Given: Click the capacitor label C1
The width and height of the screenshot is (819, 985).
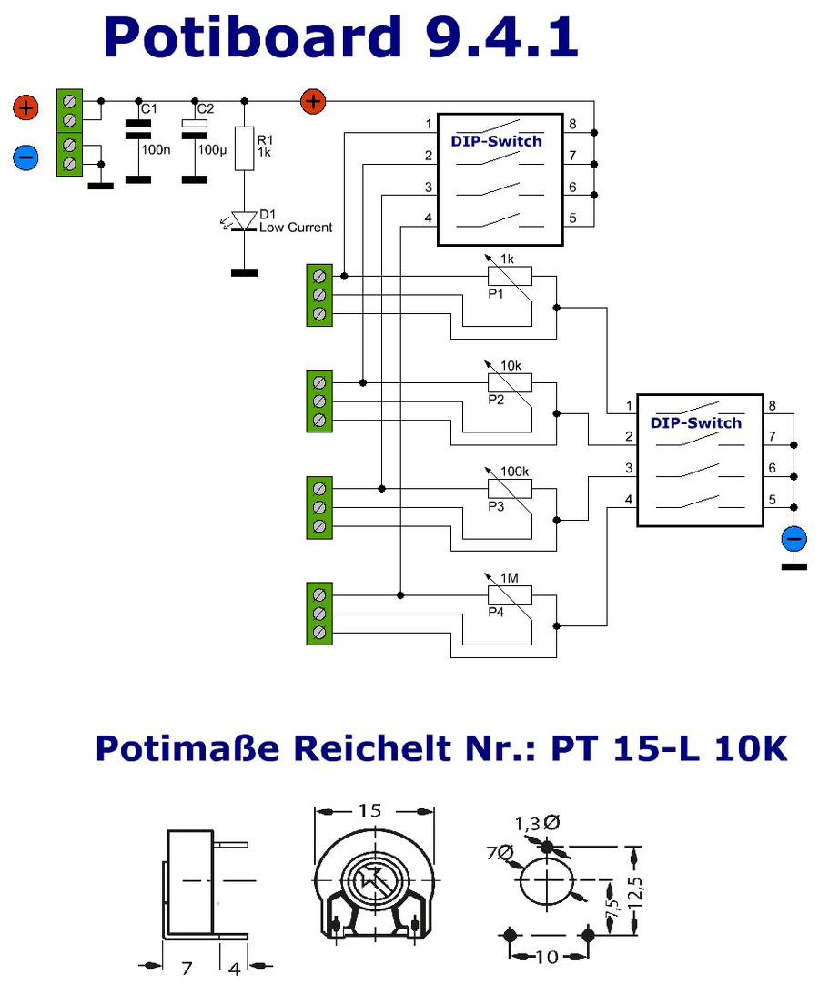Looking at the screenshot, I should tap(149, 109).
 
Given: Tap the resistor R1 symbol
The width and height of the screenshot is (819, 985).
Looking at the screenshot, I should tap(243, 148).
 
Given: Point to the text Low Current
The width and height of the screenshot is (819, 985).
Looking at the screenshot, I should tap(296, 228).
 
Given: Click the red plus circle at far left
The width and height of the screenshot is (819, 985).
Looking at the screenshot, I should tap(25, 108).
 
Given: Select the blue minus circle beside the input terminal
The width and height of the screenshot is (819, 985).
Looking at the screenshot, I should tap(25, 157).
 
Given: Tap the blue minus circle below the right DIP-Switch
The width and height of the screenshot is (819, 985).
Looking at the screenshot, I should tap(794, 539).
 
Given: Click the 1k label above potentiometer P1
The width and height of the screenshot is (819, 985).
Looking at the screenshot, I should tap(508, 259).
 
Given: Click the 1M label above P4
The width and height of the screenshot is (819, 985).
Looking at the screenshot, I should tap(509, 579).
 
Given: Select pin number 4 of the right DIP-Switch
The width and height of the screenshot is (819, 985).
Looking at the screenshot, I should tap(628, 500).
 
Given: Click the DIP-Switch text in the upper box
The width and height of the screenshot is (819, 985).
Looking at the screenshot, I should tap(497, 140).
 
